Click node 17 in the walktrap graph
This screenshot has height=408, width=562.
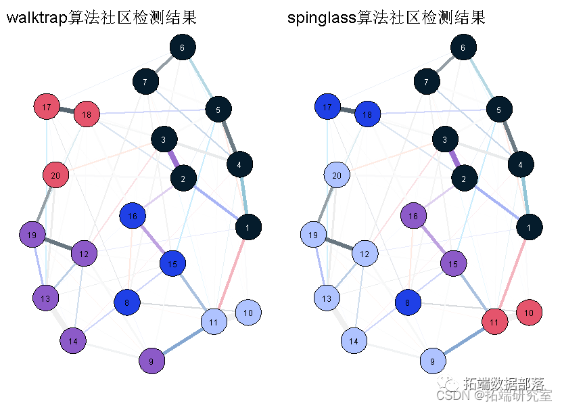click(x=47, y=108)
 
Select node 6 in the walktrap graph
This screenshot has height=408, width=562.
click(x=182, y=47)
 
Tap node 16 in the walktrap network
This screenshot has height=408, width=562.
click(x=133, y=217)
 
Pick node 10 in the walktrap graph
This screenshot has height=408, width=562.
click(x=248, y=313)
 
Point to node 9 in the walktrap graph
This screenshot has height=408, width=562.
click(x=151, y=361)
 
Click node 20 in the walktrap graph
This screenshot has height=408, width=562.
click(x=55, y=176)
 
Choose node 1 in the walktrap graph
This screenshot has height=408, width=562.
click(x=248, y=228)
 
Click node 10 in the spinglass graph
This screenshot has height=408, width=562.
click(x=529, y=313)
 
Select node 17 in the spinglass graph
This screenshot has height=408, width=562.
click(x=327, y=108)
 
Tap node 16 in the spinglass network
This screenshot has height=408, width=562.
click(x=413, y=217)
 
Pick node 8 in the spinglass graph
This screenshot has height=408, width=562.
click(x=408, y=302)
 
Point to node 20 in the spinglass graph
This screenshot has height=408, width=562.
click(x=336, y=176)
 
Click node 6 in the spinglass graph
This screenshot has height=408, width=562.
click(x=463, y=47)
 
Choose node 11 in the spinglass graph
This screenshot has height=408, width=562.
click(x=494, y=322)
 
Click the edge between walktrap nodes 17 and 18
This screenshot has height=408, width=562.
click(x=66, y=111)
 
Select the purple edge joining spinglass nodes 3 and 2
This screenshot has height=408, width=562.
click(x=452, y=160)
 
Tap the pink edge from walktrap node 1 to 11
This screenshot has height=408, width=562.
click(x=231, y=273)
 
